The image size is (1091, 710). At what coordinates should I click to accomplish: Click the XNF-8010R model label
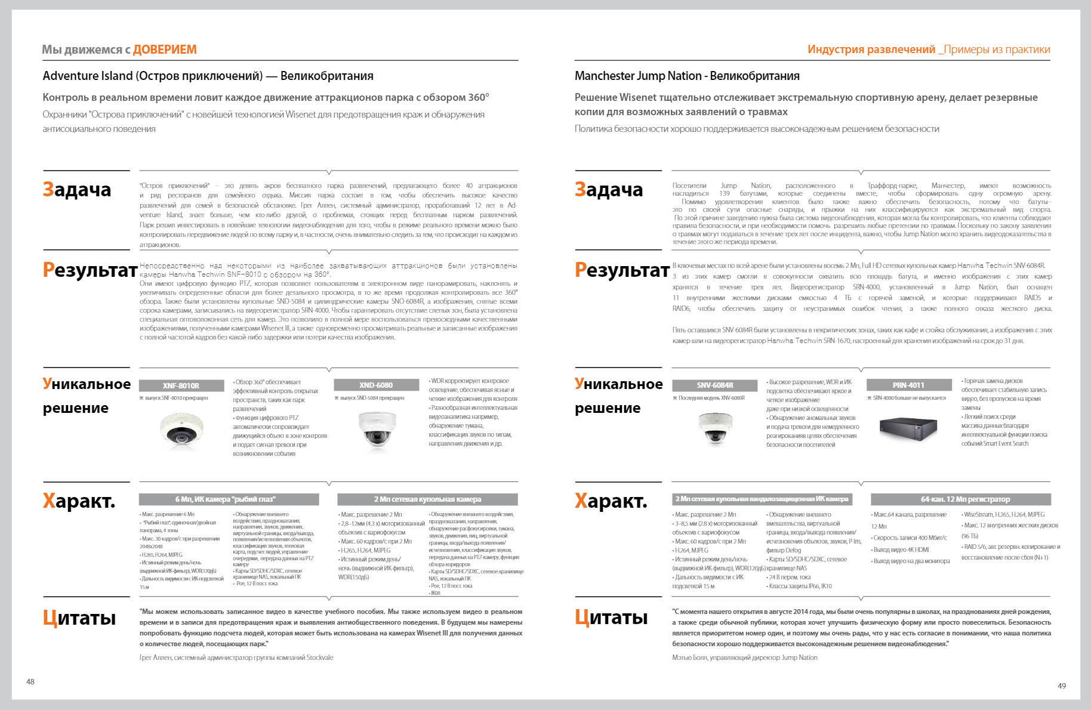click(181, 385)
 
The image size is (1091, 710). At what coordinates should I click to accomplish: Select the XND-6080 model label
click(376, 385)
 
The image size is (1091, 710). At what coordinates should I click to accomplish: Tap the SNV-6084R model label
click(714, 385)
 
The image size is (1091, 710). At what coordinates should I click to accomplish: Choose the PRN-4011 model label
click(908, 385)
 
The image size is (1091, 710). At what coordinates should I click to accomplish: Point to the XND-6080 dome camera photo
click(377, 430)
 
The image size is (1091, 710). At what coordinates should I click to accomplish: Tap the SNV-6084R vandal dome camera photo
click(715, 428)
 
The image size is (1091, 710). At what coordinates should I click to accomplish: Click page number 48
click(30, 681)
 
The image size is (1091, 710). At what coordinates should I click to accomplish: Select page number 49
click(1062, 686)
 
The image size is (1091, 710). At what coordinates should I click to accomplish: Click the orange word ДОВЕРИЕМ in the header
click(165, 50)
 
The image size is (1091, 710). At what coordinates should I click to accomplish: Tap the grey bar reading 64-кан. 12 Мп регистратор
click(960, 499)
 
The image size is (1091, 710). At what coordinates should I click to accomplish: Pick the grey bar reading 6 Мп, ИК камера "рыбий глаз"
click(229, 499)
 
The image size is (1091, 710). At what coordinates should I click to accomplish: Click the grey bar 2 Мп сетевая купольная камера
click(427, 499)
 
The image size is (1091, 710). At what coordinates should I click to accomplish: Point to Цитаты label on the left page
click(79, 618)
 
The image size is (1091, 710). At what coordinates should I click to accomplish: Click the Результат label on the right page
click(621, 270)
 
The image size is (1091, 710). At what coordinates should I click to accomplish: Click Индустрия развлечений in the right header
click(871, 50)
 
